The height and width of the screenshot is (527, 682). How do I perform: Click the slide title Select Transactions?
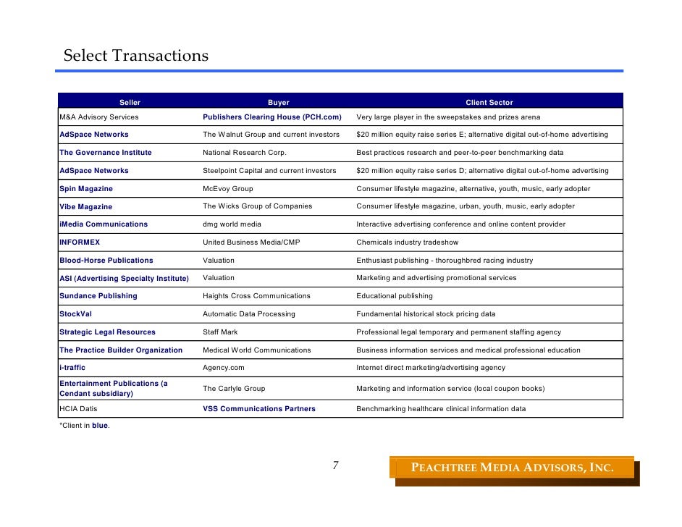(x=135, y=56)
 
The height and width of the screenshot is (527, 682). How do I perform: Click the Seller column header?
(x=130, y=103)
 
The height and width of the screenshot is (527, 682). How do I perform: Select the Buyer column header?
(x=278, y=103)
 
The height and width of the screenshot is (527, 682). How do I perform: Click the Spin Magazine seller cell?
(x=86, y=189)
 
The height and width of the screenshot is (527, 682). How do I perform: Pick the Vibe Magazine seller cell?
(x=86, y=206)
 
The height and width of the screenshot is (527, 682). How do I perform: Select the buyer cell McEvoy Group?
(x=228, y=189)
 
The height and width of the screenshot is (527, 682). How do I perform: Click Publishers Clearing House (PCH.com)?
(x=271, y=117)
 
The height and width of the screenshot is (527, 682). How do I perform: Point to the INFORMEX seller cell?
(x=80, y=243)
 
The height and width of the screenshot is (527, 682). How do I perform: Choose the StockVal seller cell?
(x=75, y=314)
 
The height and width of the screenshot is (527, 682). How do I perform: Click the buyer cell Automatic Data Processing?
(x=249, y=314)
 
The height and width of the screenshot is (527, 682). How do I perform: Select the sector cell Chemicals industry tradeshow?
(x=408, y=243)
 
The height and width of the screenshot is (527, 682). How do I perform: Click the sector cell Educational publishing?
(x=395, y=296)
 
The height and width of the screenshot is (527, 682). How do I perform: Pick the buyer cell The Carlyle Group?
(x=234, y=389)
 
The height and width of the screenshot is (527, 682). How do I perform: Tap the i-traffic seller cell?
(x=72, y=368)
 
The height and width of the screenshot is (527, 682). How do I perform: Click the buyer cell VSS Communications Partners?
(x=259, y=409)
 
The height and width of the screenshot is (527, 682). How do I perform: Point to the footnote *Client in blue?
(x=84, y=426)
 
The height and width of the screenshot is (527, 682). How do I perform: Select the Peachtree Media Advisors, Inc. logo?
(x=513, y=468)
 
